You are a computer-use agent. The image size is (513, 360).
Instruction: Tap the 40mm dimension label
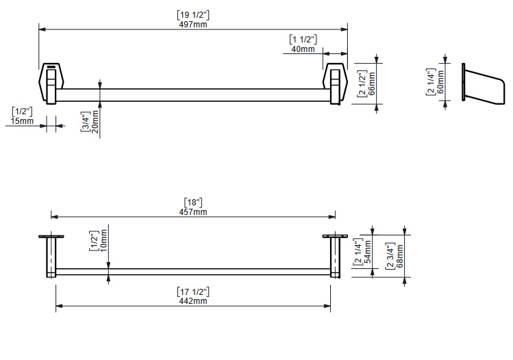tap(303, 49)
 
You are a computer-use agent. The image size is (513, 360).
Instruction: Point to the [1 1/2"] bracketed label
tap(302, 38)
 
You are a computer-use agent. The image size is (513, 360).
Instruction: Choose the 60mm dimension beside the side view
tap(440, 81)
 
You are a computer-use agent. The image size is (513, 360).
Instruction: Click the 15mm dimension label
tap(22, 121)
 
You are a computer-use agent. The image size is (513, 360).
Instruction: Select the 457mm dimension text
tap(193, 212)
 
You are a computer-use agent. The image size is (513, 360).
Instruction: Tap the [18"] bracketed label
tap(193, 202)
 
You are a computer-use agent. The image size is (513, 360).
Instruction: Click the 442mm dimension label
tap(192, 301)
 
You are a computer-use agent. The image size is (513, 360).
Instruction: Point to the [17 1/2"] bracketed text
tap(192, 292)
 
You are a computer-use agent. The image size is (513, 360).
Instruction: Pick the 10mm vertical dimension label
tap(103, 241)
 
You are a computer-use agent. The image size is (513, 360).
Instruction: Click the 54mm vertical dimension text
tap(367, 252)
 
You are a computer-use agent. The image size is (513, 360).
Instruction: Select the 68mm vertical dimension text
tap(401, 255)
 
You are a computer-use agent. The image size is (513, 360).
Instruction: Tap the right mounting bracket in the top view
tap(334, 83)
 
